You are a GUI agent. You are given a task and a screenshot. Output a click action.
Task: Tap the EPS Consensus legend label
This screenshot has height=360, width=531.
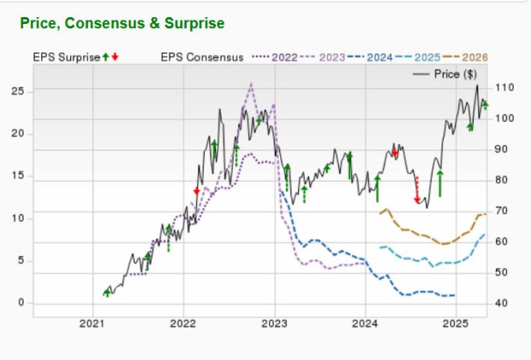coord(204,57)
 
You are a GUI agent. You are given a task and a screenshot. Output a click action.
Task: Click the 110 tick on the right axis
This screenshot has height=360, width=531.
coord(504,87)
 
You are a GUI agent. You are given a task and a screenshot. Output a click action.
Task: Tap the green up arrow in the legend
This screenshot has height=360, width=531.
coord(105,57)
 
